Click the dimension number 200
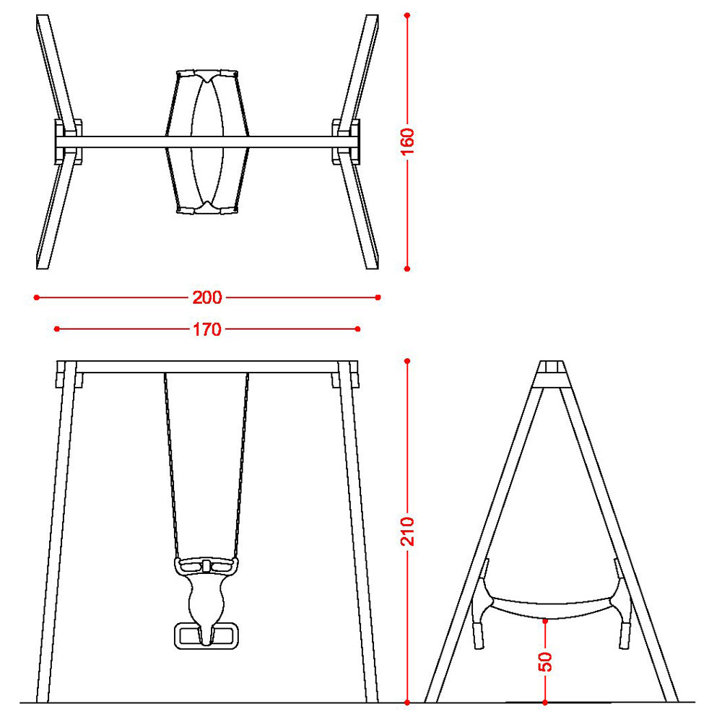pyautogui.click(x=207, y=297)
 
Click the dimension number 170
pyautogui.click(x=207, y=329)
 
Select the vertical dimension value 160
pyautogui.click(x=407, y=142)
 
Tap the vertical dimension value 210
pyautogui.click(x=407, y=531)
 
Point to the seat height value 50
pyautogui.click(x=545, y=661)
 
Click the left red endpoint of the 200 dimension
pyautogui.click(x=36, y=297)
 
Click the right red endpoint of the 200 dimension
pyautogui.click(x=378, y=297)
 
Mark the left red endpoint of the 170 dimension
pyautogui.click(x=56, y=329)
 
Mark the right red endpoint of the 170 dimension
pyautogui.click(x=358, y=329)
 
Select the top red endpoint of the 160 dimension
pyautogui.click(x=407, y=15)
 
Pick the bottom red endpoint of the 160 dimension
pyautogui.click(x=407, y=269)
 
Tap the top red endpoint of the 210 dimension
pyautogui.click(x=407, y=361)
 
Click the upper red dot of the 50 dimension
pyautogui.click(x=545, y=622)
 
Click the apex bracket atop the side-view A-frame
pyautogui.click(x=551, y=374)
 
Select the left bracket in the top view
pyautogui.click(x=68, y=142)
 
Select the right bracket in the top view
pyautogui.click(x=346, y=142)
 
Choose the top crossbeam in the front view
pyautogui.click(x=207, y=367)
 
